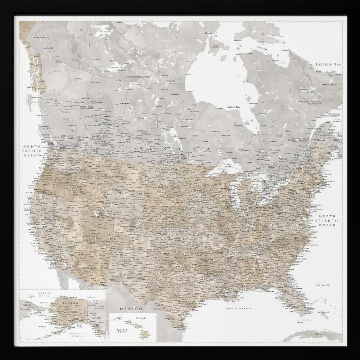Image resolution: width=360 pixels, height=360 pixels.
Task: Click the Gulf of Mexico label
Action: (238, 309)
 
